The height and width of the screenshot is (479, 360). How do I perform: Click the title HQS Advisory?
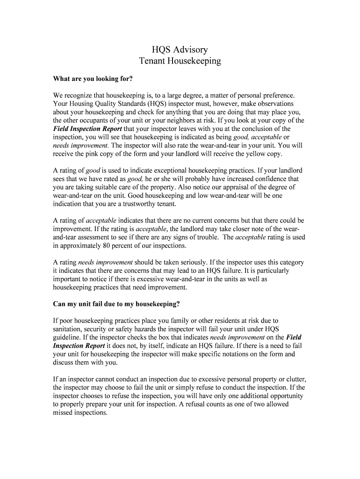[180, 50]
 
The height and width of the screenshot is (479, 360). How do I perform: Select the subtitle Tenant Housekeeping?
[180, 61]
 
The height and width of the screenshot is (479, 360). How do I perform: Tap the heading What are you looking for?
[93, 78]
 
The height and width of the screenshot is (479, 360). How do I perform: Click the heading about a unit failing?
[116, 304]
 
